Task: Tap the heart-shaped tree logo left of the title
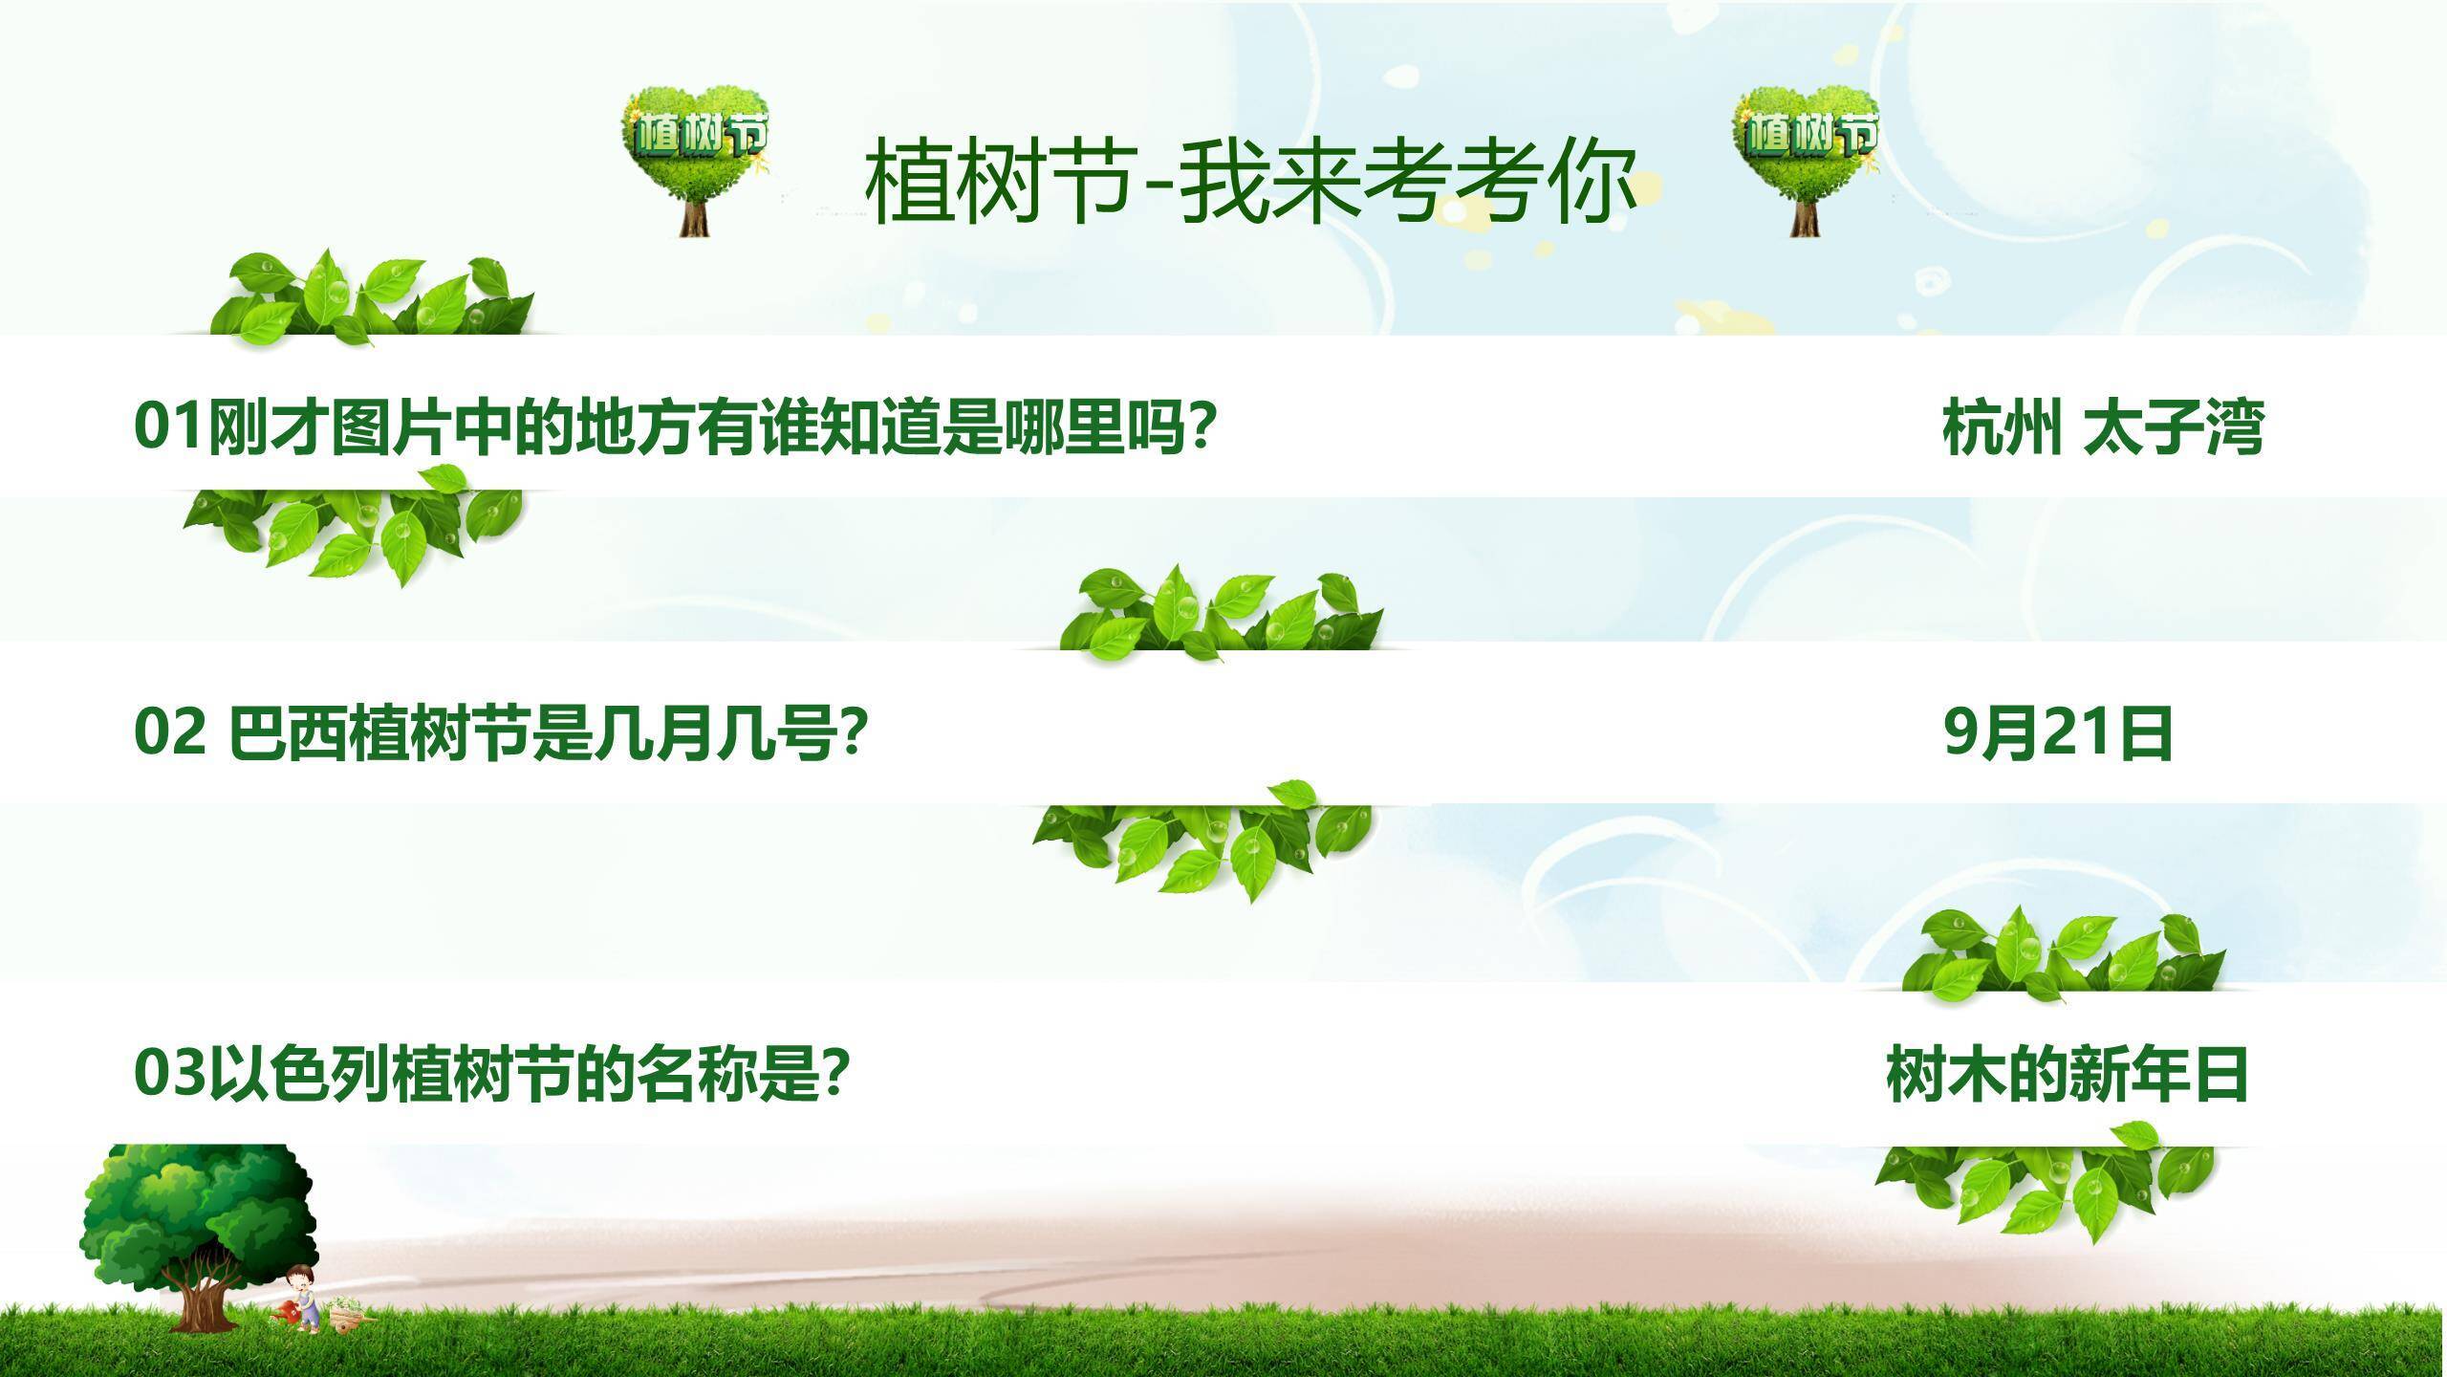696,158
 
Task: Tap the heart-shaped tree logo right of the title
1805,158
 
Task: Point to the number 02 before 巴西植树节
169,733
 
